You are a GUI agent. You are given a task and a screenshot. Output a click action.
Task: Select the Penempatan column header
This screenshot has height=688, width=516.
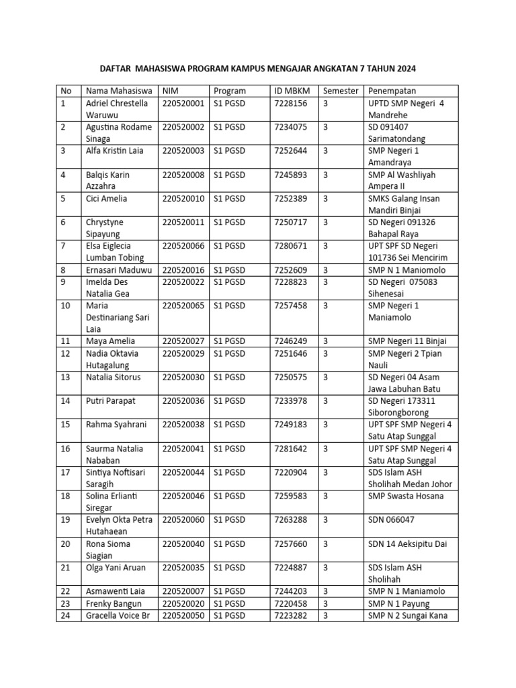[392, 91]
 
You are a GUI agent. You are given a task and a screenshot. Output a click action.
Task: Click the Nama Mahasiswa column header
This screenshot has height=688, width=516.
[118, 91]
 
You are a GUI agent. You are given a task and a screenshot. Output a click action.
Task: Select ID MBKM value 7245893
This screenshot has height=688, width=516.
[290, 175]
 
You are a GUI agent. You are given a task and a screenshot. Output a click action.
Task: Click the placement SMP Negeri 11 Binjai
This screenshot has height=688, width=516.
[407, 341]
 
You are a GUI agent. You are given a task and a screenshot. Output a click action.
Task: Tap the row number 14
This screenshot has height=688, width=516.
[66, 401]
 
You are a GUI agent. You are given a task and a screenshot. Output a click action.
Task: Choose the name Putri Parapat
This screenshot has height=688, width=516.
[111, 401]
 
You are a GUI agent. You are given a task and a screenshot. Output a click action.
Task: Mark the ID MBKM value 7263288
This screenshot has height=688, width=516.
[290, 520]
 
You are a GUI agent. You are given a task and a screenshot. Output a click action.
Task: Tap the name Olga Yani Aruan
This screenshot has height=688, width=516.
[116, 568]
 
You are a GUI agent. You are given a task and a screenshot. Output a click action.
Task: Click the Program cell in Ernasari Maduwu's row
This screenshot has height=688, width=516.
[229, 270]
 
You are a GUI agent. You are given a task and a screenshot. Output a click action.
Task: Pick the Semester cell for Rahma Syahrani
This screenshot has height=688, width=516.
[326, 425]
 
